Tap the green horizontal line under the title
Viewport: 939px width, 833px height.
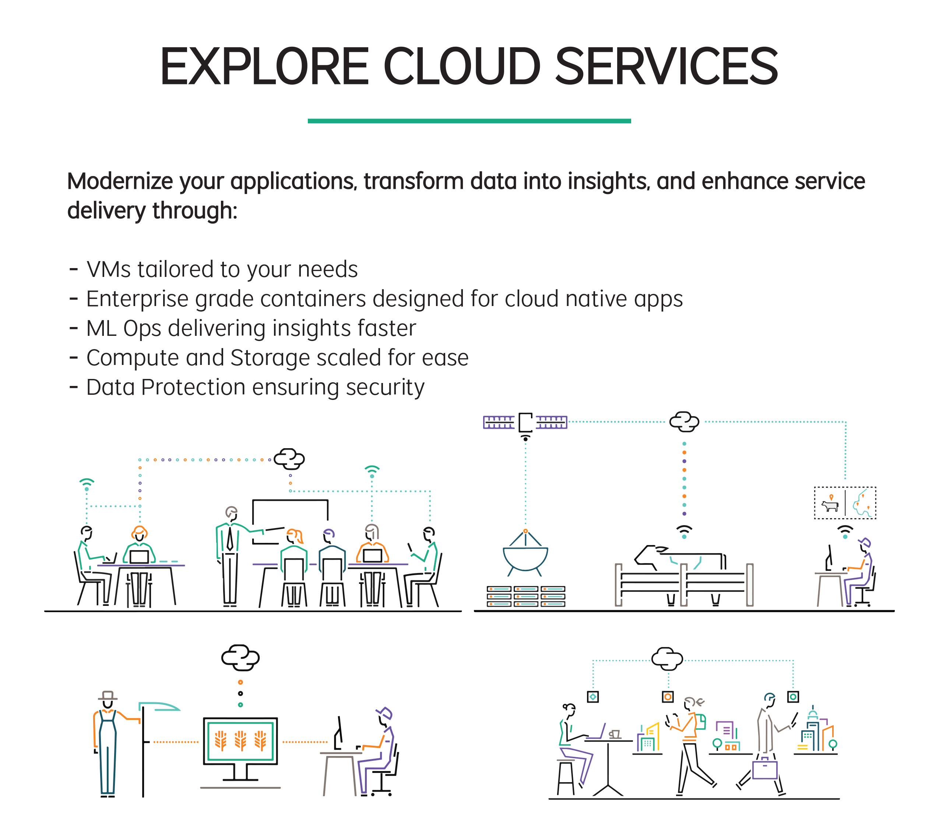pos(469,121)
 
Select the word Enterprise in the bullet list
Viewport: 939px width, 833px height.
pos(137,299)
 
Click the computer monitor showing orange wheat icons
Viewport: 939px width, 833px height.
pos(240,741)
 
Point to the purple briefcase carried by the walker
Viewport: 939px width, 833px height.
pos(764,770)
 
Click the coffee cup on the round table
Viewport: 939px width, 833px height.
pos(615,734)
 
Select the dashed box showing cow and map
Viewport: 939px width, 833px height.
pos(845,503)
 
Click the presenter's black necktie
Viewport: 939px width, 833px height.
pos(230,539)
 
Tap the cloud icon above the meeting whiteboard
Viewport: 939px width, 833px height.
pos(289,458)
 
